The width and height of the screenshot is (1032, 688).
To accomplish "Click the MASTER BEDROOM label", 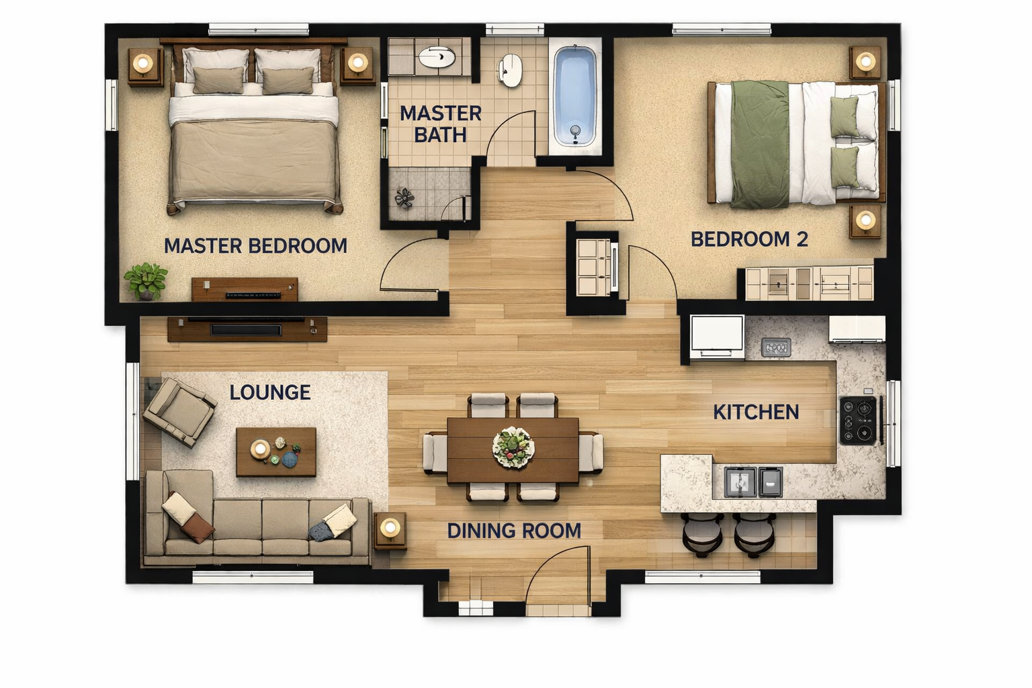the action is (256, 246).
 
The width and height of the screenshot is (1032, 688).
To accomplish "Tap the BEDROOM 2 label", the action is (750, 239).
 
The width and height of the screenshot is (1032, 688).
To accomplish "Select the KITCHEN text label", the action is (756, 412).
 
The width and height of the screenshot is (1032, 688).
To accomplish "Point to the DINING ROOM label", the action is (514, 531).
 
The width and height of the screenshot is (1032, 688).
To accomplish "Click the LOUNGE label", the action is (270, 392).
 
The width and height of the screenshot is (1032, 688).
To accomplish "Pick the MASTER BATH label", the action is (441, 124).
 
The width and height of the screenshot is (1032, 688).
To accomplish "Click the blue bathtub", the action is (575, 96).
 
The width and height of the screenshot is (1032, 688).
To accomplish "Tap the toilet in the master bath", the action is (510, 71).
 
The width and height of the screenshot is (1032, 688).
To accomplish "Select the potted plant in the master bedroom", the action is (146, 281).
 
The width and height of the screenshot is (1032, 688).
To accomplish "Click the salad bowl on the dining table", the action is (513, 447).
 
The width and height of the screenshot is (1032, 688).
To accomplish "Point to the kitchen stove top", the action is (858, 421).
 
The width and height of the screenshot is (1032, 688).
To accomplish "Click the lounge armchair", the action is (179, 412).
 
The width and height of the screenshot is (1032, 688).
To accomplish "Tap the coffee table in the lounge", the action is (276, 451).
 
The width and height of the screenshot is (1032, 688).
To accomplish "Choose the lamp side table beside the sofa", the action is (390, 530).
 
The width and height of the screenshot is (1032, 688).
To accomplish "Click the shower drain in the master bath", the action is (404, 198).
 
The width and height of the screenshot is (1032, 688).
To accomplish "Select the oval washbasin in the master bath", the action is (437, 57).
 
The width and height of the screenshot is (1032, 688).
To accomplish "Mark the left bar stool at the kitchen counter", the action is (702, 535).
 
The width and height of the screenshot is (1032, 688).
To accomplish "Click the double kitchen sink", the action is (753, 482).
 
